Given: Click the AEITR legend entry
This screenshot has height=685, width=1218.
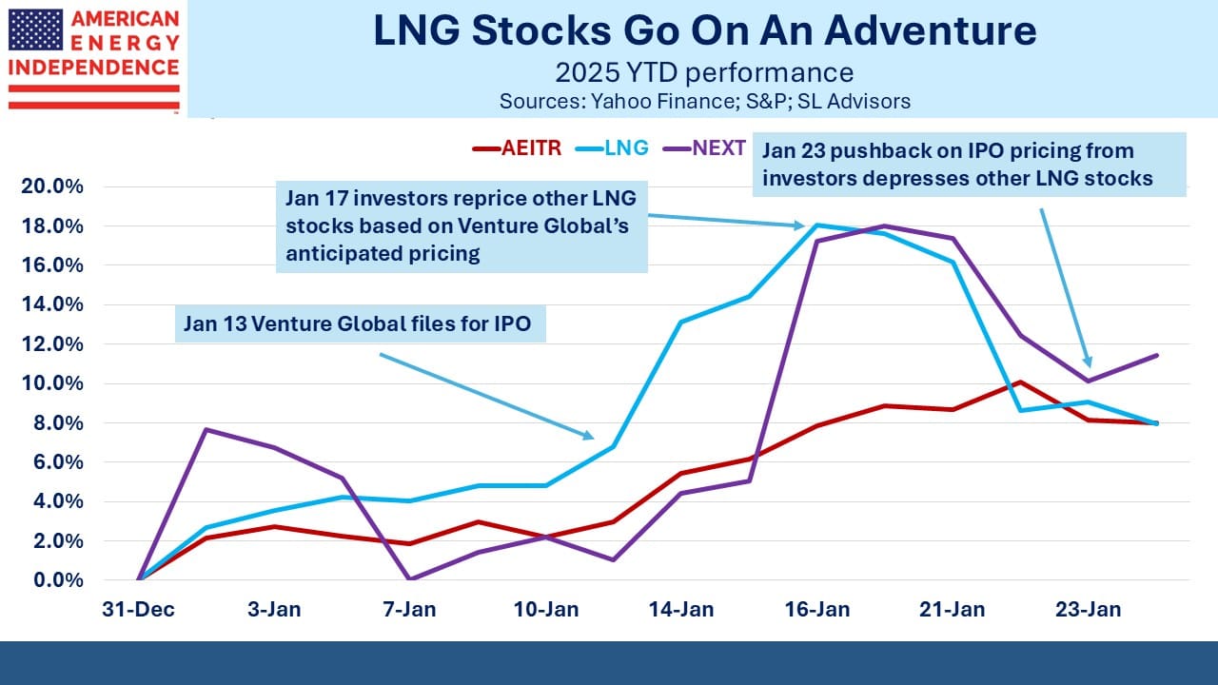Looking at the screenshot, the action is (517, 147).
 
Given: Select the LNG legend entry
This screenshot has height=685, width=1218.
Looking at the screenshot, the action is (612, 147).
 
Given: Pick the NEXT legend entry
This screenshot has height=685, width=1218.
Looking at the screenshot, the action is (705, 147).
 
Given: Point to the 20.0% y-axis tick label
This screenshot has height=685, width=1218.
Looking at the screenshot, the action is (52, 186).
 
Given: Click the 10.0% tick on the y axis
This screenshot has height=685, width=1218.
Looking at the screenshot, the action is (52, 383).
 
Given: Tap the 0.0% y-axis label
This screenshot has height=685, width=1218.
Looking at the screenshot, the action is (58, 580).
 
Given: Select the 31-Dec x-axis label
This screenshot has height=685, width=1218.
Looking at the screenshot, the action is (139, 610).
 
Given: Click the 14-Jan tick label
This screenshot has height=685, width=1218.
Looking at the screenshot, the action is (681, 610).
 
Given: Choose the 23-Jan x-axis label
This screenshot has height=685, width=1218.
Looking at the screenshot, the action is (1089, 610).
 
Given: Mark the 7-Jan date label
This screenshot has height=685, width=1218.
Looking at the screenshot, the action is (409, 610).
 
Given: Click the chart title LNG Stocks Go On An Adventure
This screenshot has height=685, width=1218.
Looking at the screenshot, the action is (705, 30).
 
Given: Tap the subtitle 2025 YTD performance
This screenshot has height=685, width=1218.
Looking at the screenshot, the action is (705, 73).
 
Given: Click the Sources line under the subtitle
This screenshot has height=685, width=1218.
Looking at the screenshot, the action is (705, 102).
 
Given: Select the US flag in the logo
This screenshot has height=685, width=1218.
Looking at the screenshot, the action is (36, 29).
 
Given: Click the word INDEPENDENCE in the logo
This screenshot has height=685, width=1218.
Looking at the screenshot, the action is (94, 68).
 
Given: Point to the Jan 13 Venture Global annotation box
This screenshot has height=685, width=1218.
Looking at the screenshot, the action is (360, 324).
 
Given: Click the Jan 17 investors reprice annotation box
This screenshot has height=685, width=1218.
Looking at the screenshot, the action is (462, 226).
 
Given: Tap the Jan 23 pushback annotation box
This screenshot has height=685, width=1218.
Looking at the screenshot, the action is (969, 165).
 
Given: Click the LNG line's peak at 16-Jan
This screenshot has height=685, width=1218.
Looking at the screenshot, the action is (817, 225).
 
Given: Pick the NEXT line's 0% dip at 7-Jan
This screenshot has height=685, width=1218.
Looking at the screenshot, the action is (409, 579).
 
